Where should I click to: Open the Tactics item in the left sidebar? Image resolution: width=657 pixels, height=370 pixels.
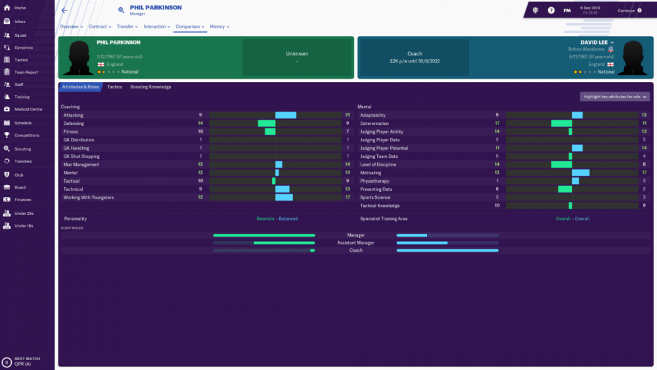21,60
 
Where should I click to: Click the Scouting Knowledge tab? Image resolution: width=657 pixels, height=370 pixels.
150,87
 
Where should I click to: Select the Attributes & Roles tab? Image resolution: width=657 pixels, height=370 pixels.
80,87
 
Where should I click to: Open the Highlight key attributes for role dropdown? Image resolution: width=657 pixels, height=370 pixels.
615,97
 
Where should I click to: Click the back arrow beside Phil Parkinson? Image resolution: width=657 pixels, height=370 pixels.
64,11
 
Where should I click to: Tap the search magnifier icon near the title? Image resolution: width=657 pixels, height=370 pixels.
122,10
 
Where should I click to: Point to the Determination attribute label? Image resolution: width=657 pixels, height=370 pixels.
374,123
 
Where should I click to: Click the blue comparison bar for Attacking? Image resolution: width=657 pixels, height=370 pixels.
286,115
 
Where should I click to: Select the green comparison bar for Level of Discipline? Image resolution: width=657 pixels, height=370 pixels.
562,164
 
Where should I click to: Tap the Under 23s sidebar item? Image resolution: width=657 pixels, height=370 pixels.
24,213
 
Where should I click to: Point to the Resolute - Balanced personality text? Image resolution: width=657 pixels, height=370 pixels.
277,219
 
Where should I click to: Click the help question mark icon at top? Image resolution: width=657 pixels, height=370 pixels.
551,11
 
